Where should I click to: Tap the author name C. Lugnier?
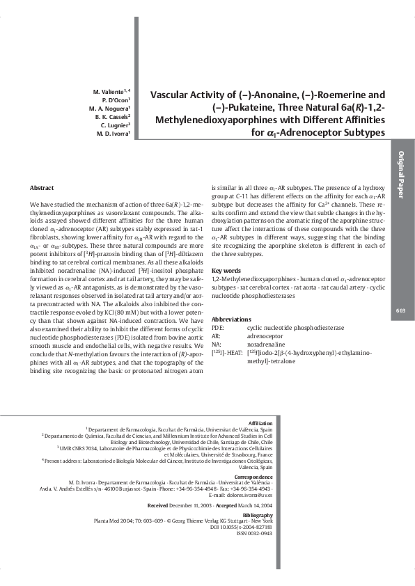pyautogui.click(x=114, y=125)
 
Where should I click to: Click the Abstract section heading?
pyautogui.click(x=42, y=188)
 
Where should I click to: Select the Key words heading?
pyautogui.click(x=226, y=270)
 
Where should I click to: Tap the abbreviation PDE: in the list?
pyautogui.click(x=218, y=326)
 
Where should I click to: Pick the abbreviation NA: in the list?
pyautogui.click(x=217, y=344)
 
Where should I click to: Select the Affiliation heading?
pyautogui.click(x=260, y=422)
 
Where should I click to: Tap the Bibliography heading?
pyautogui.click(x=255, y=514)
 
